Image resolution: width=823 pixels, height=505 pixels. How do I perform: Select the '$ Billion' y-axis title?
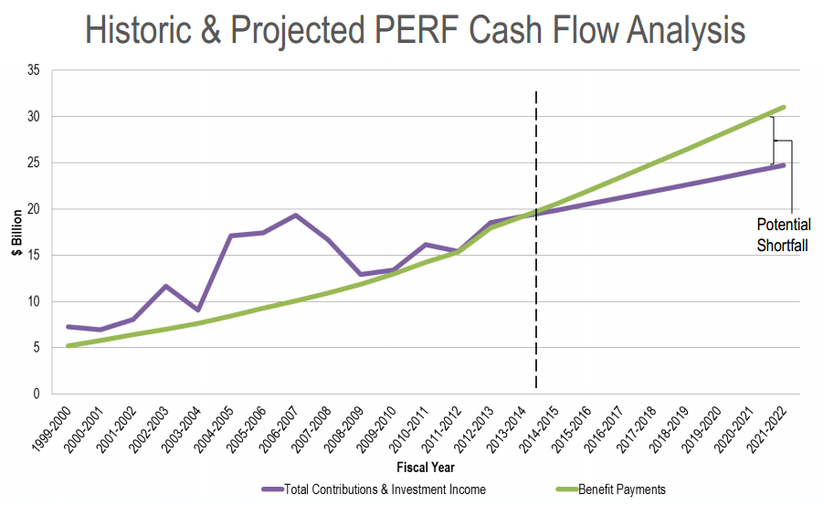(x=17, y=232)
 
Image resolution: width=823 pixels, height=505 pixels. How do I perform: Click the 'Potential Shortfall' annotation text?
(x=783, y=235)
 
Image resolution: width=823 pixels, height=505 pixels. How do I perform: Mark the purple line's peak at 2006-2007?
(x=295, y=216)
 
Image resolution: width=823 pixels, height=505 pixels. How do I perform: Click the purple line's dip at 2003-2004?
(x=198, y=310)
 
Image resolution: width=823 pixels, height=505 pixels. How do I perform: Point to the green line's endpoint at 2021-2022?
(x=783, y=108)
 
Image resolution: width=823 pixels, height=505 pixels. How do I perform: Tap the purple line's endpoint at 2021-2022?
(x=783, y=165)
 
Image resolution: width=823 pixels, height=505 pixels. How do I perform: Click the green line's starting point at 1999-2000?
(x=69, y=345)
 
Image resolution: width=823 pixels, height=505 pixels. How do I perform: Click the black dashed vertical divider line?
(x=535, y=274)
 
